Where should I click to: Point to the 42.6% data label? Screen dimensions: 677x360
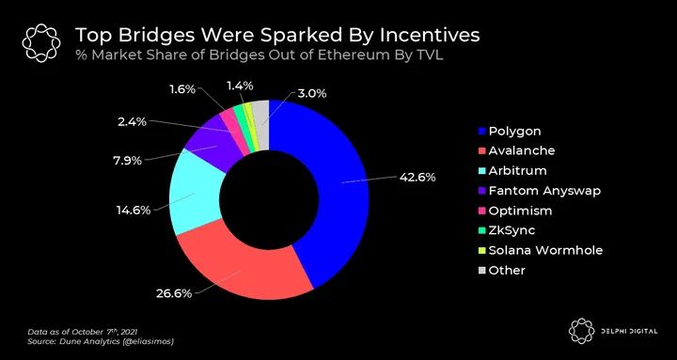[417, 178]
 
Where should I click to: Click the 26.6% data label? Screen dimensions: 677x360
[174, 294]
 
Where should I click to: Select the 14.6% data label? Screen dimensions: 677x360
[134, 211]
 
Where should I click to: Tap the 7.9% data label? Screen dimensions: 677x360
[128, 162]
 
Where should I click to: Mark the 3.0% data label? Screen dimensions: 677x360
[312, 93]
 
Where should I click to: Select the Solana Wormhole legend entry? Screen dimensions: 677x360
[541, 250]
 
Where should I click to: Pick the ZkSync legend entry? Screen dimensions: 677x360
[507, 230]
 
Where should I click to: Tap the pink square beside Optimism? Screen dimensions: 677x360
[481, 211]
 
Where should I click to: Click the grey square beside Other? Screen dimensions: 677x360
[481, 271]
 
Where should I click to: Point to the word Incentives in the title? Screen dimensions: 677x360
[430, 36]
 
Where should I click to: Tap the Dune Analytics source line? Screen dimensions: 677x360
[101, 342]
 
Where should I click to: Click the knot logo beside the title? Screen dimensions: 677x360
[41, 43]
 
